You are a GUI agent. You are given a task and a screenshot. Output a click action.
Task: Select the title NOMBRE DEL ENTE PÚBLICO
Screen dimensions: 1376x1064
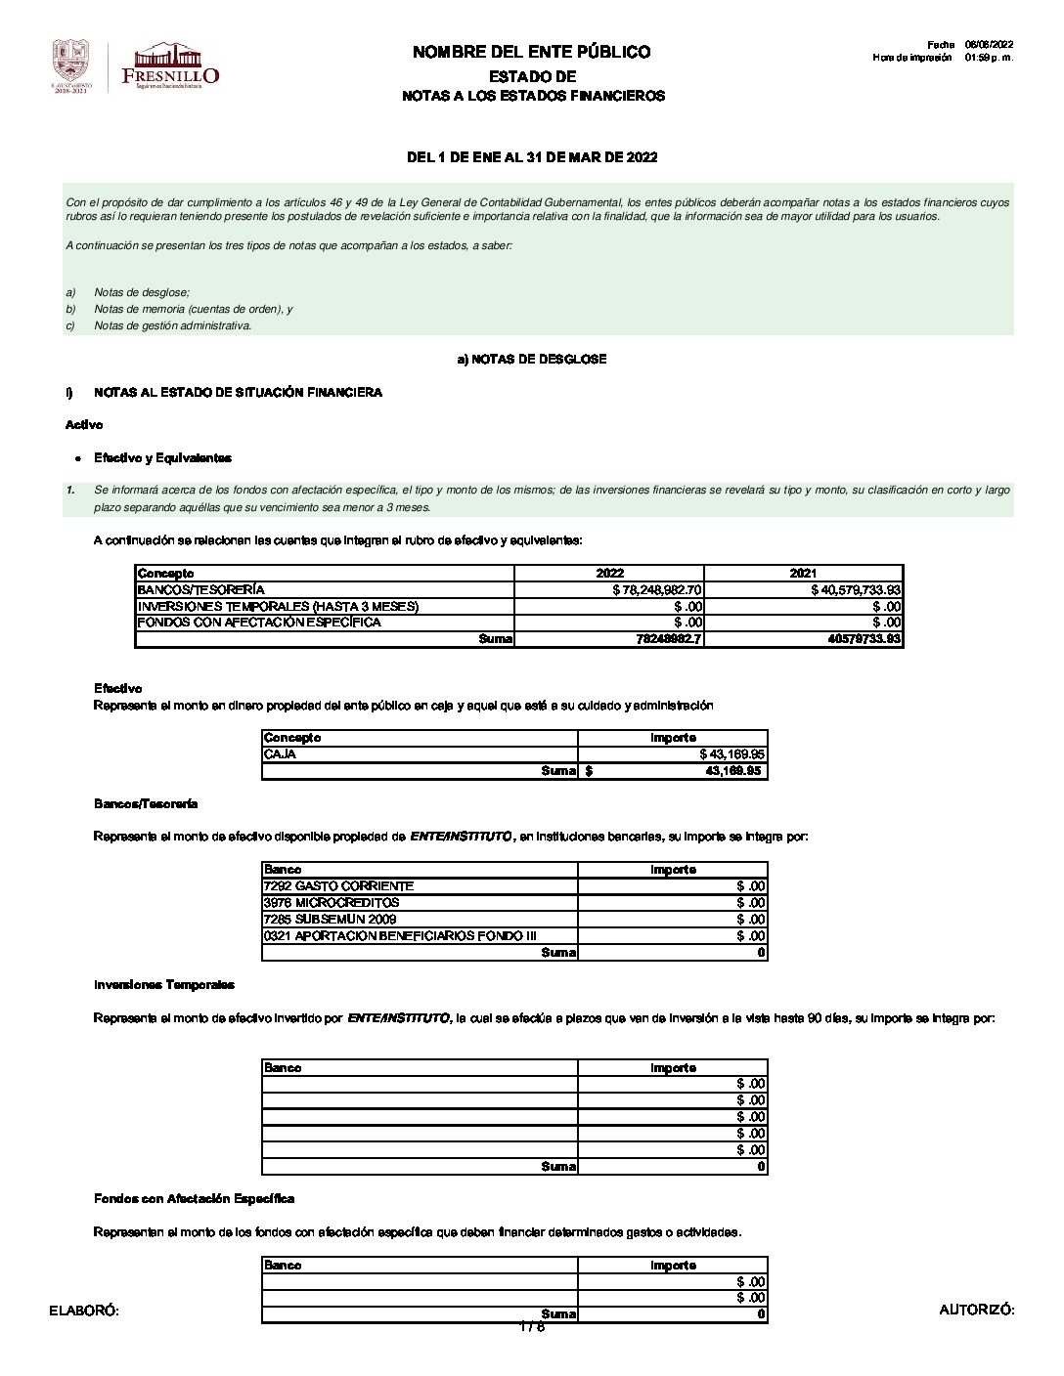[531, 52]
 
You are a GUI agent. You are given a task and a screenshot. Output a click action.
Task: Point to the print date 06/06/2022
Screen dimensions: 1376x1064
[989, 45]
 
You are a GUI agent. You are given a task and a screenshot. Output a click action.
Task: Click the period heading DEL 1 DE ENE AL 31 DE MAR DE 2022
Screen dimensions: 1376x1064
[531, 157]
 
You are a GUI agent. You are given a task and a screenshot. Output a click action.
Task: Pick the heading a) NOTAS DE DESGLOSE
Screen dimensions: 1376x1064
[531, 360]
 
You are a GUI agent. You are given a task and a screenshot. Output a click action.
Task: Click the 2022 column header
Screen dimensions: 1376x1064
[609, 574]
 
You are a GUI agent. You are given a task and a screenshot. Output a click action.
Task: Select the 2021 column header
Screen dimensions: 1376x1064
[802, 574]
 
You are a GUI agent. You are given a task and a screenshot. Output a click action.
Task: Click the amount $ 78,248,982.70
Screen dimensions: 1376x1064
[657, 590]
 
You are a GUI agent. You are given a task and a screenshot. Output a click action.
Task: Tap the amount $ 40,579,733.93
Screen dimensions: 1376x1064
[856, 590]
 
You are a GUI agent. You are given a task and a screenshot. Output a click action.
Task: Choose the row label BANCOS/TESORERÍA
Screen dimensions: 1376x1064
[200, 590]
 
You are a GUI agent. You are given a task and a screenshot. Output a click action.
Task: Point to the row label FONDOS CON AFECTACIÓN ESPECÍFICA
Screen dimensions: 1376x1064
[259, 623]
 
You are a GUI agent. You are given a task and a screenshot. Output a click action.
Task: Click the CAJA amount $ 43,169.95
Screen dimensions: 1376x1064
[732, 754]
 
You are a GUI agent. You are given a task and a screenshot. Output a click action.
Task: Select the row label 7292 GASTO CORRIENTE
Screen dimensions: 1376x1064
[338, 886]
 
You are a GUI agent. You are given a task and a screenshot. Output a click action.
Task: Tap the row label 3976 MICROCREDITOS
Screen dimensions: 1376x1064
[332, 903]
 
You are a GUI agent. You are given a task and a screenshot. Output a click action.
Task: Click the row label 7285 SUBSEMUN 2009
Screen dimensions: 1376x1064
[330, 920]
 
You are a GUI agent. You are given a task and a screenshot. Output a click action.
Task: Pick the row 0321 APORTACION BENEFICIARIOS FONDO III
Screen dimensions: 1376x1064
[400, 936]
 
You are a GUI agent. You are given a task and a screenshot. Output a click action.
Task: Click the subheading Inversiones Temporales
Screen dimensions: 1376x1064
[163, 985]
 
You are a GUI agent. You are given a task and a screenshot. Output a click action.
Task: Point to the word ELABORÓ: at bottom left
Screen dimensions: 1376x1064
[84, 1311]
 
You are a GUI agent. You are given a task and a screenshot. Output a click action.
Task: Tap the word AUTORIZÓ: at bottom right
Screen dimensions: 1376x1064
[976, 1311]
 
